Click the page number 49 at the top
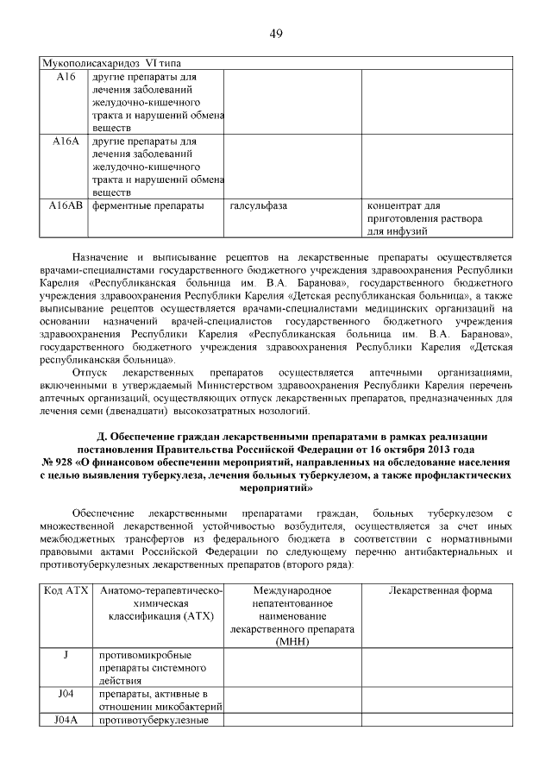point(276,34)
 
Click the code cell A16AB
point(65,206)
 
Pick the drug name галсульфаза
point(259,206)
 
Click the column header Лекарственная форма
point(440,591)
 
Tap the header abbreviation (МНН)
point(292,643)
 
